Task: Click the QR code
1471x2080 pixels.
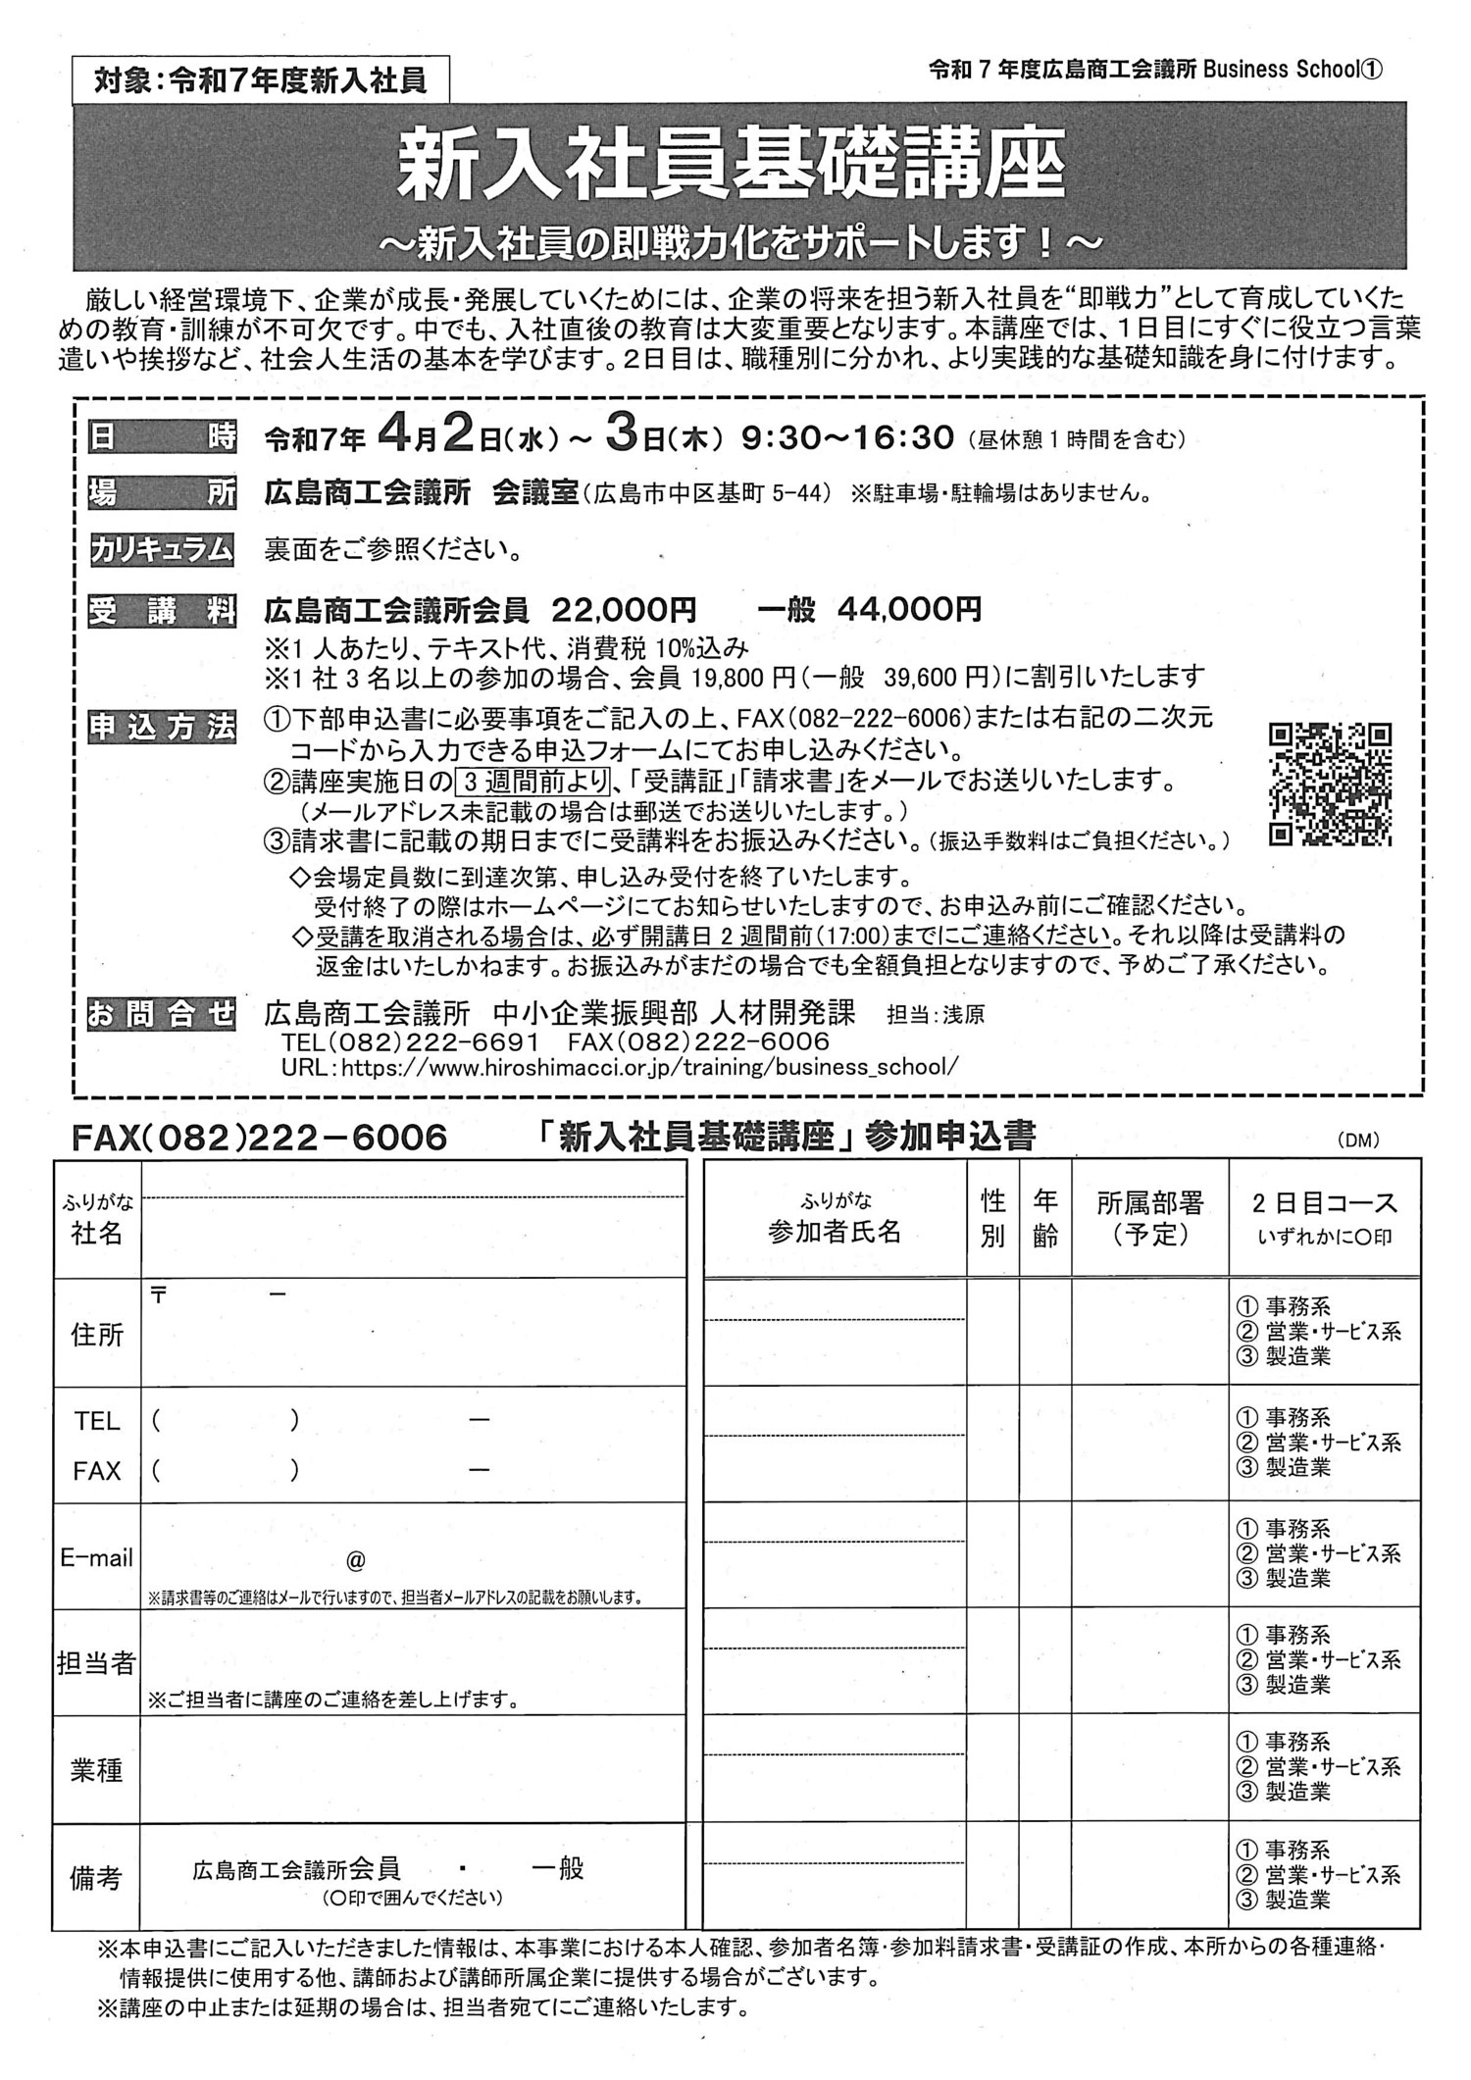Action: [1330, 784]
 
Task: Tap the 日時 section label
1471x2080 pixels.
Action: [162, 438]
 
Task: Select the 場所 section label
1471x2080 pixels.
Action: [162, 493]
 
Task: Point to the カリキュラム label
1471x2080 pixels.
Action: [162, 549]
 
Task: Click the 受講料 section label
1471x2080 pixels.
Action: [162, 612]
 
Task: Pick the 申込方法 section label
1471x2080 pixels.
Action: [162, 728]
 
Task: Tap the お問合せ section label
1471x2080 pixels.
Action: [162, 1014]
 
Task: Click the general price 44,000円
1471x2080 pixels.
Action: [908, 611]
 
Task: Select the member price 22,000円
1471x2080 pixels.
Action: [624, 611]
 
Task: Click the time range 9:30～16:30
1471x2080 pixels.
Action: [847, 438]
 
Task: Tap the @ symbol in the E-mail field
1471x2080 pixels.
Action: [356, 1559]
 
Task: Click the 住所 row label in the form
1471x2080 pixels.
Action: [97, 1334]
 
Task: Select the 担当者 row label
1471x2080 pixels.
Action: [96, 1663]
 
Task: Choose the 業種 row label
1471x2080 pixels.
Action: [97, 1769]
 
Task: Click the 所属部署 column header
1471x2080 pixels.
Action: [1149, 1217]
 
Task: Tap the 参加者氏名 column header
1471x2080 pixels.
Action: [835, 1232]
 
